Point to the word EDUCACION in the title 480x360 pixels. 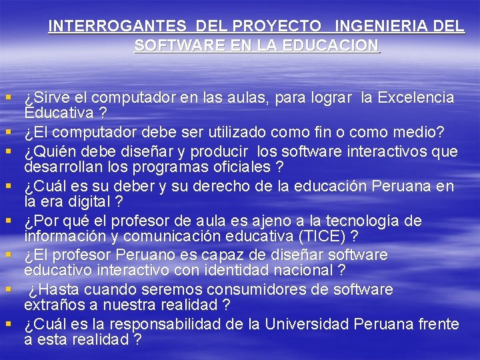click(x=331, y=46)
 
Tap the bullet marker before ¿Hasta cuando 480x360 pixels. click(x=11, y=290)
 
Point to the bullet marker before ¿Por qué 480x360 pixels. click(x=11, y=221)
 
